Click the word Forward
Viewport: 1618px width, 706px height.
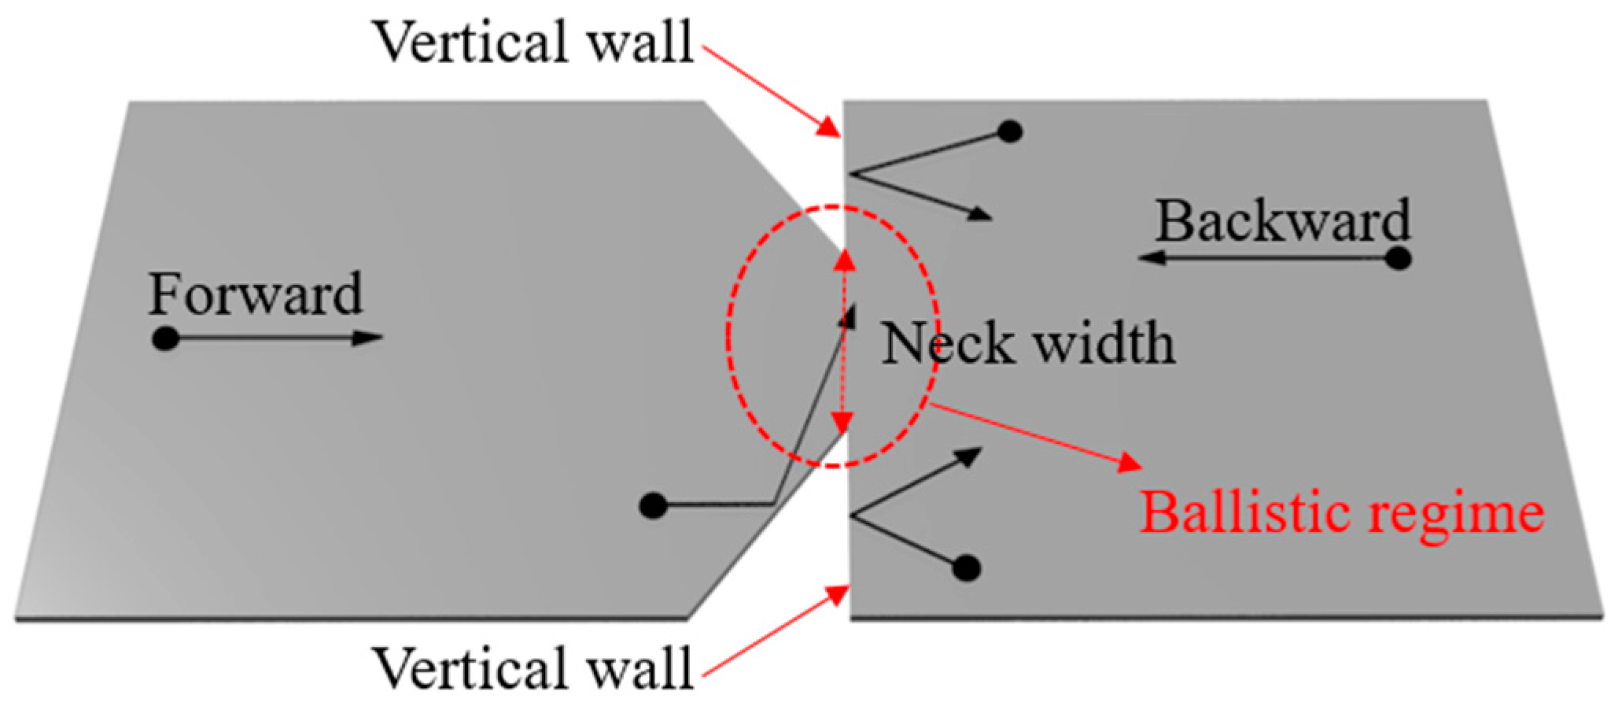256,294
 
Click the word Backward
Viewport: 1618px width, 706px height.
1282,221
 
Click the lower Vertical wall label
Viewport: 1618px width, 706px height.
533,668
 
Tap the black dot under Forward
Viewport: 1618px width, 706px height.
165,338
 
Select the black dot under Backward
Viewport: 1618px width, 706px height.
1397,258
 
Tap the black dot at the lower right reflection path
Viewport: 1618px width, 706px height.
966,567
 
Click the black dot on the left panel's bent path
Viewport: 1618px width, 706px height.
653,505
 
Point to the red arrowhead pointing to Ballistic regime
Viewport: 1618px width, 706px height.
1130,462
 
